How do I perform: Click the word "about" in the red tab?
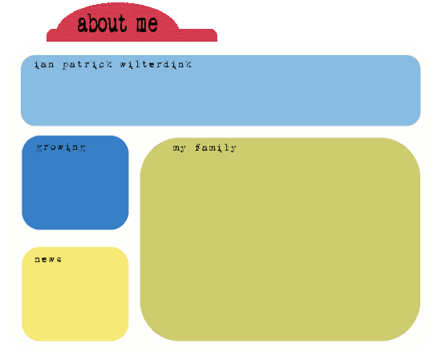click(x=102, y=22)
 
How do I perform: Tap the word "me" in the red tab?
click(x=147, y=24)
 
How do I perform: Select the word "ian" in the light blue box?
click(x=44, y=65)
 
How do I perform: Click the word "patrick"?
click(x=87, y=65)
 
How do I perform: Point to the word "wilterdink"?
click(x=156, y=65)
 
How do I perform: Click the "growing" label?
click(x=61, y=148)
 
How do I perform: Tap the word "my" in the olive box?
click(x=179, y=148)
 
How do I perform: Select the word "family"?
click(x=216, y=148)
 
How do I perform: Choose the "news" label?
click(x=48, y=259)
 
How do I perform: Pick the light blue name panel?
click(x=220, y=91)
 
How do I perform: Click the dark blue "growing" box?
click(x=75, y=183)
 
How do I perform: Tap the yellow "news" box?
click(x=75, y=294)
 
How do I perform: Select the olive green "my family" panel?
click(x=281, y=240)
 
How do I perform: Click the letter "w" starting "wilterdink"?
click(x=123, y=65)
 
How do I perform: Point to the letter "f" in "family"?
click(x=198, y=148)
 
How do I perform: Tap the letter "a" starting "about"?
click(x=82, y=25)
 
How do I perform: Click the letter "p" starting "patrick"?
click(x=66, y=66)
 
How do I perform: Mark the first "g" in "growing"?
click(x=39, y=148)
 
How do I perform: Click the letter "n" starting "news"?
click(x=38, y=260)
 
